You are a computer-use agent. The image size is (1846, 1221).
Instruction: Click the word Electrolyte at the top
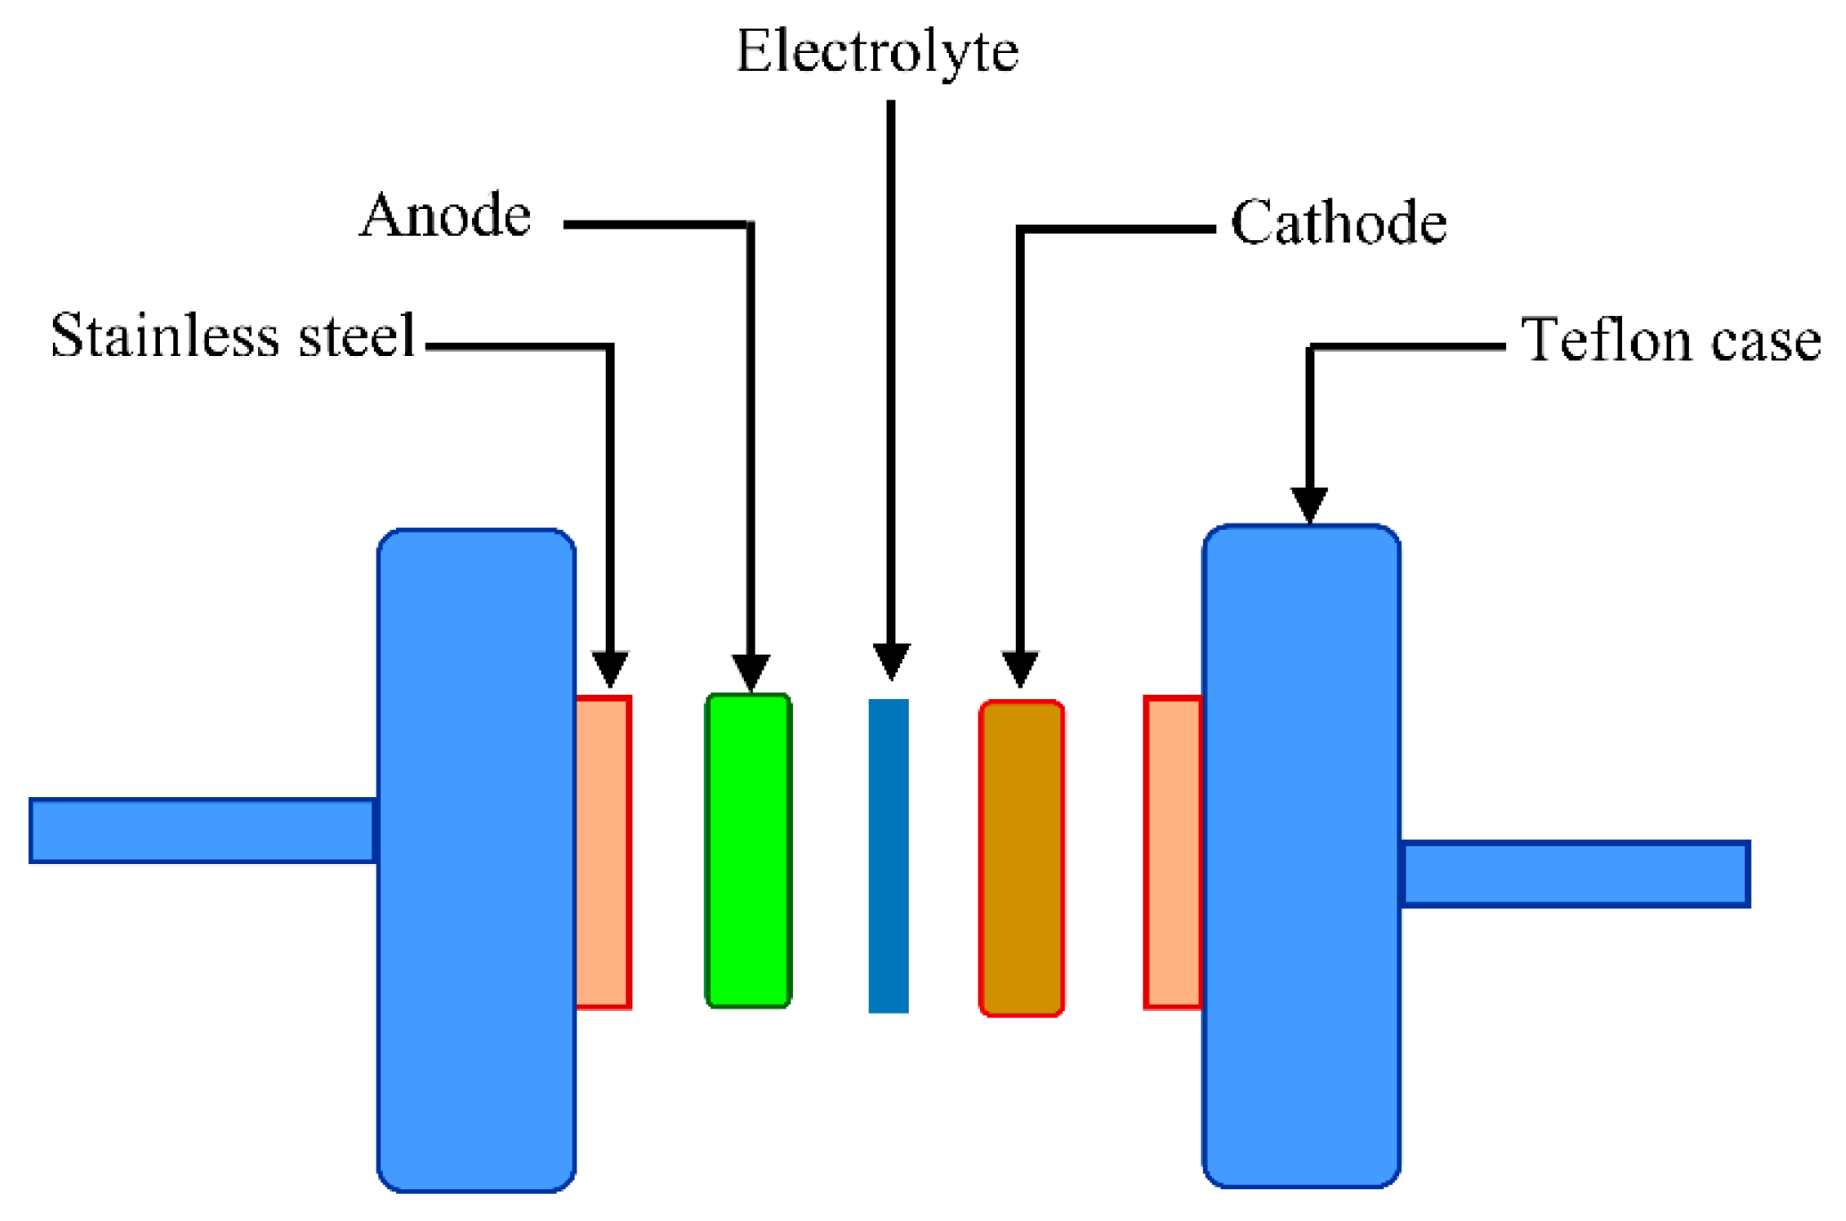click(877, 51)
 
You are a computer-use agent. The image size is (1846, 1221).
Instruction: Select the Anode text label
click(445, 216)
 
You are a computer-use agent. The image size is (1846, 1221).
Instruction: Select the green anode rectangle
click(748, 850)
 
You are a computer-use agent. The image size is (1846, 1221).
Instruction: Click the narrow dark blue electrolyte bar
click(889, 855)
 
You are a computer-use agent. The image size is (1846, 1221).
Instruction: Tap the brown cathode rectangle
click(1021, 858)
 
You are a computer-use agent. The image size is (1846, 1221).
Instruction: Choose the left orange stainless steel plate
click(604, 852)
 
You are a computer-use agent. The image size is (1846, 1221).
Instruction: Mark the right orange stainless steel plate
click(1173, 852)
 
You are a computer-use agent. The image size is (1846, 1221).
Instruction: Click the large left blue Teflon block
click(476, 860)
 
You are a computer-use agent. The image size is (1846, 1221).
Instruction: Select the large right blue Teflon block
click(1301, 855)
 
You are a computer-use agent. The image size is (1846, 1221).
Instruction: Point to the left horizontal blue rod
click(202, 830)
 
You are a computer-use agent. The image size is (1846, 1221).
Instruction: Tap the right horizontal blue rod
click(1574, 873)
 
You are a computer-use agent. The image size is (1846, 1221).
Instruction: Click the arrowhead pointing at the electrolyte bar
click(891, 661)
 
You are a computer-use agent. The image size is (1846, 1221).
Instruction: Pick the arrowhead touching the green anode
click(751, 672)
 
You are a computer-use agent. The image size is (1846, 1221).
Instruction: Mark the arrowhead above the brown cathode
click(1019, 668)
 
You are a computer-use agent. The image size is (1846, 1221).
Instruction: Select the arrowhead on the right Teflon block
click(1309, 504)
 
